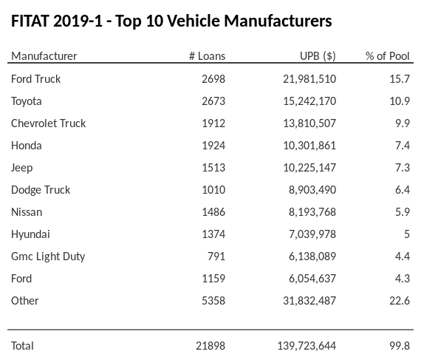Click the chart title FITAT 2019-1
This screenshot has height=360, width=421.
tap(171, 21)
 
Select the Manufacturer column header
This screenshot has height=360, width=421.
tap(44, 56)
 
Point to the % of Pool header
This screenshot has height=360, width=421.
tap(388, 56)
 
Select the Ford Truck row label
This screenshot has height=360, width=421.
tap(36, 78)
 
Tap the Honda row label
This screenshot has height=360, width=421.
tap(27, 145)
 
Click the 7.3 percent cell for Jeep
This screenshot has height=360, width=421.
tap(403, 167)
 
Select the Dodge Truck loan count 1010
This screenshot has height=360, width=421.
tap(213, 189)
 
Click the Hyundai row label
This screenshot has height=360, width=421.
tap(31, 234)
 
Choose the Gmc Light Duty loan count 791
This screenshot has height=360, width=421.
tap(216, 256)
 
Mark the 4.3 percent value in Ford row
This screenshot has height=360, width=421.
tap(403, 278)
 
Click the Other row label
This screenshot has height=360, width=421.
tap(25, 300)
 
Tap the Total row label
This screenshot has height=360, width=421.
tap(23, 345)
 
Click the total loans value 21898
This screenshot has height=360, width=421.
tap(210, 345)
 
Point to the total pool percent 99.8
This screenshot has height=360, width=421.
tap(400, 345)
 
